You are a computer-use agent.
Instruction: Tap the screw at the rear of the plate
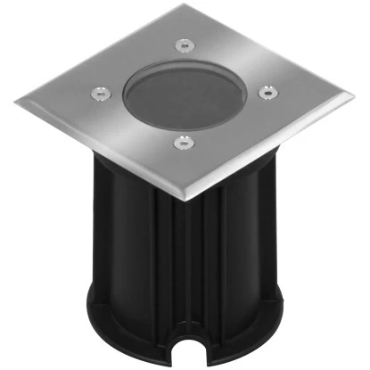point(183,42)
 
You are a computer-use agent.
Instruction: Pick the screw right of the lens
point(265,90)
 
